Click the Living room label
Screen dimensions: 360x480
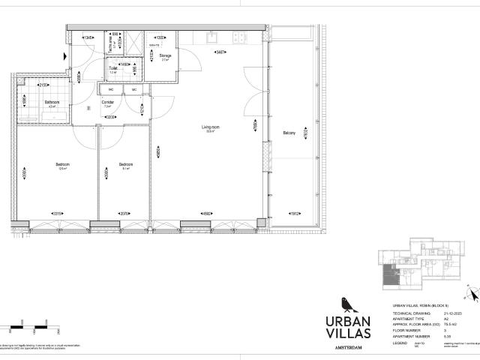[210, 127]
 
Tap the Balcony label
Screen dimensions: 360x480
[289, 133]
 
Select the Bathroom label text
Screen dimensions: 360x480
[52, 102]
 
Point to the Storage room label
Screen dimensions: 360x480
[166, 55]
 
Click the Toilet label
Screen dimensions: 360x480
[112, 68]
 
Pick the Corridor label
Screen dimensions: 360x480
[107, 102]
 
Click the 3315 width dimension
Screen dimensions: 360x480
[56, 214]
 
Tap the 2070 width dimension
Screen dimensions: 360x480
[124, 214]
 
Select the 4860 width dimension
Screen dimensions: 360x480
[205, 214]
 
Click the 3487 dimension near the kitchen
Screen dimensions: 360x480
[221, 52]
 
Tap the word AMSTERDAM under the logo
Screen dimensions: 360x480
[344, 348]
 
